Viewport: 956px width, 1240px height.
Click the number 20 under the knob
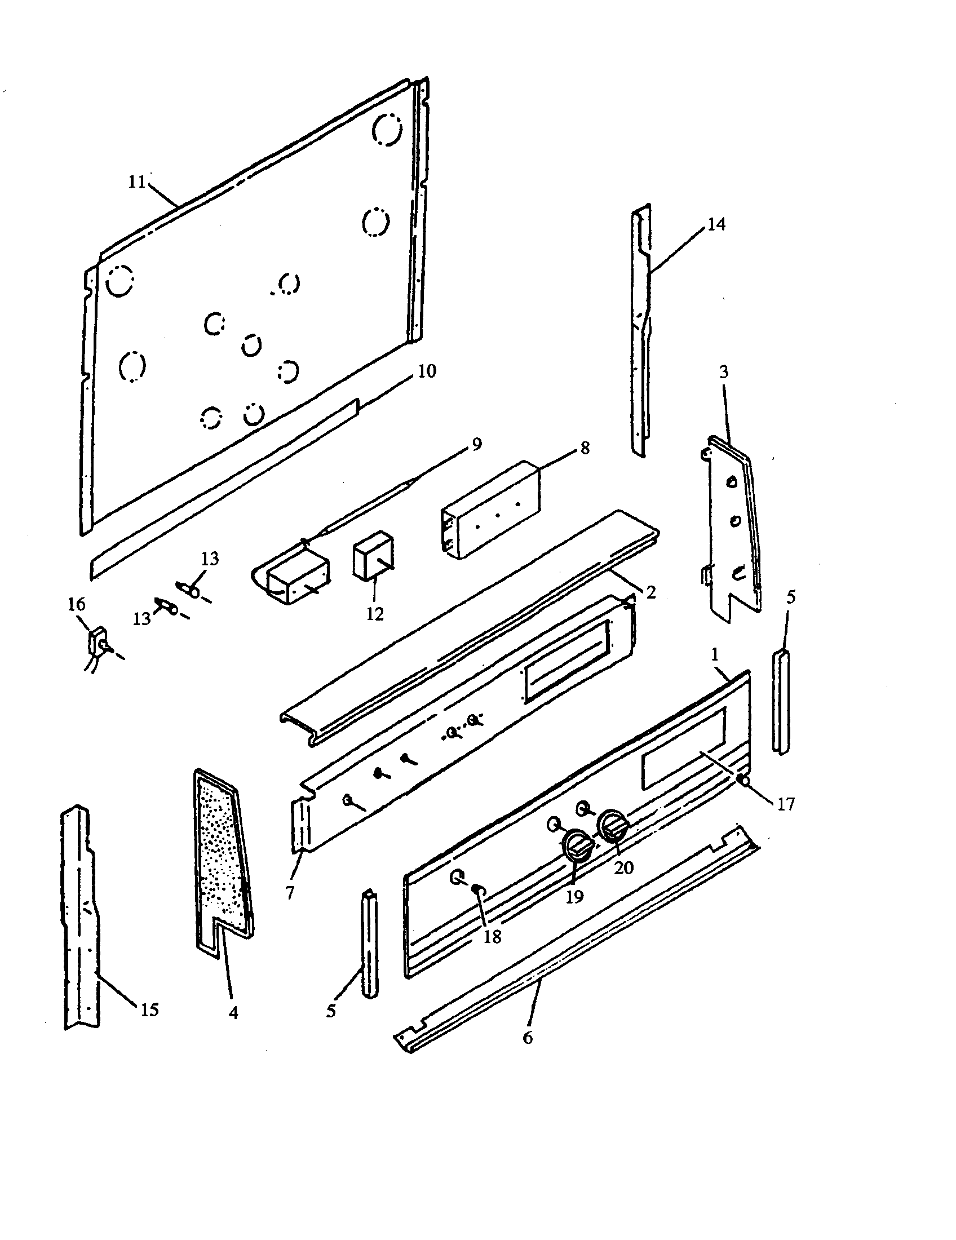click(x=623, y=867)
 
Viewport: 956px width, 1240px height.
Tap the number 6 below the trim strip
click(x=528, y=1038)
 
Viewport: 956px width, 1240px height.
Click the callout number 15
click(x=149, y=1010)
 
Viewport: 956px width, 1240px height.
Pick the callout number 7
click(x=290, y=893)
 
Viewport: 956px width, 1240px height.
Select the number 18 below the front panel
click(x=492, y=937)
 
